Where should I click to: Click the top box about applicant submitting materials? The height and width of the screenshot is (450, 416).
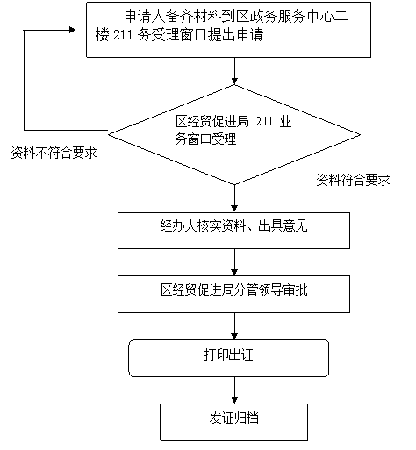[228, 30]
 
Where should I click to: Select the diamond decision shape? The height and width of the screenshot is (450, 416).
[234, 135]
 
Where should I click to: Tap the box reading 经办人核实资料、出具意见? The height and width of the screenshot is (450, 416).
[233, 231]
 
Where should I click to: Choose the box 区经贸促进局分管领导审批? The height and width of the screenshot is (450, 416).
[233, 294]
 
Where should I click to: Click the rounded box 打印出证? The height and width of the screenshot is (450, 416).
[229, 358]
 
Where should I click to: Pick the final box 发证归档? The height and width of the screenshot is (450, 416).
[233, 422]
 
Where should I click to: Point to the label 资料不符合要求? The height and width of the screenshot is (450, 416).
[54, 153]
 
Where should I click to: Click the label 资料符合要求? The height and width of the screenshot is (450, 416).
[353, 180]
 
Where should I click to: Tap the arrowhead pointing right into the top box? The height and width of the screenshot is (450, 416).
[72, 30]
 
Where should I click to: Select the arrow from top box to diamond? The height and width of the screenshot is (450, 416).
[234, 71]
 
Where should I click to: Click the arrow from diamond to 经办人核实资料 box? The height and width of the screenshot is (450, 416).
[234, 198]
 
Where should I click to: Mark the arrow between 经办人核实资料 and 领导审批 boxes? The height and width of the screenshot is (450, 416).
[234, 262]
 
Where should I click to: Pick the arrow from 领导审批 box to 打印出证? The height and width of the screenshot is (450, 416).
[234, 326]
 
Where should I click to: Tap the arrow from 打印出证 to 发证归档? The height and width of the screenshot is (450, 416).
[234, 390]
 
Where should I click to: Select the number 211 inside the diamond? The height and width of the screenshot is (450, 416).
[264, 121]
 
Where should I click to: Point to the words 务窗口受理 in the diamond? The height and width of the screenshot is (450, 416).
[205, 139]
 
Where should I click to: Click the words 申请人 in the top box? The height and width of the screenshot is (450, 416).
[144, 16]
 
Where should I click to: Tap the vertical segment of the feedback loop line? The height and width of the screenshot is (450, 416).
[24, 80]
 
